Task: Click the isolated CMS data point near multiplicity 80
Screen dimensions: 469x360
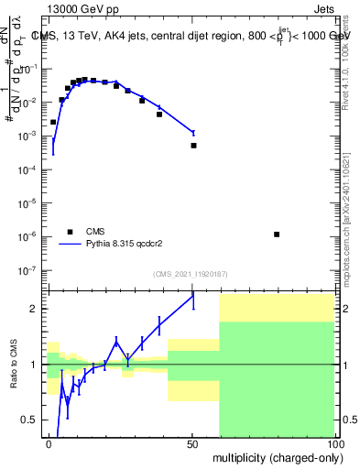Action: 277,234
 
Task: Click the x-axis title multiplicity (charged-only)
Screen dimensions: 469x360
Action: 276,456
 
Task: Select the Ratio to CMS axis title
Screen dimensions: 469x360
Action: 14,365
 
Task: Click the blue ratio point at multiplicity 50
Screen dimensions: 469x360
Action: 193,295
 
